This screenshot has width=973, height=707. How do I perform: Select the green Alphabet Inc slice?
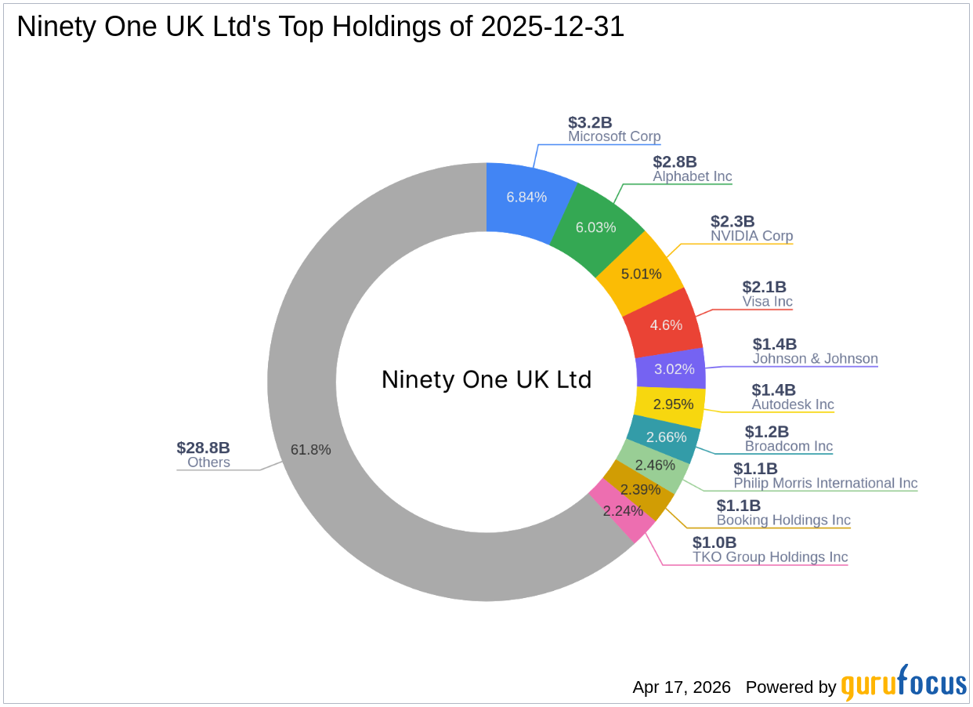coord(595,227)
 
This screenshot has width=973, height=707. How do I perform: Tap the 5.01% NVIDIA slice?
coord(641,274)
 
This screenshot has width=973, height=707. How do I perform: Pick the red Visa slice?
coord(666,324)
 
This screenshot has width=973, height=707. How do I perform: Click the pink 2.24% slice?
coord(623,510)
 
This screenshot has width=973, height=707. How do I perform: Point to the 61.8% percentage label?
coord(310,450)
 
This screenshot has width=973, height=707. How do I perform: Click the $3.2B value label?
coord(590,122)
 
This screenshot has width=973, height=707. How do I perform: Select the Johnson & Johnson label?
coord(815,359)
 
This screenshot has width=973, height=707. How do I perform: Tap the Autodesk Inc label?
coord(793,404)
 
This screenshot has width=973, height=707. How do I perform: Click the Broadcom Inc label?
coord(788,446)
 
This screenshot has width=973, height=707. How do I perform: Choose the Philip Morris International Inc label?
coord(825,483)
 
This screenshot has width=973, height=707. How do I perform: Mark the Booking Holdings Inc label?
coord(783,520)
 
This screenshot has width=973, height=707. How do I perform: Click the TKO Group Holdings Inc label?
coord(769,557)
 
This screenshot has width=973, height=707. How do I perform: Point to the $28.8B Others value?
coord(203,448)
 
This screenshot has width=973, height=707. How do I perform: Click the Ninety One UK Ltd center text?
coord(486,379)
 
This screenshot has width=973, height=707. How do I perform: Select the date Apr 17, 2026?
coord(682,687)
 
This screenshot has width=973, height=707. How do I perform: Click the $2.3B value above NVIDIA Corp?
coord(732,222)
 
